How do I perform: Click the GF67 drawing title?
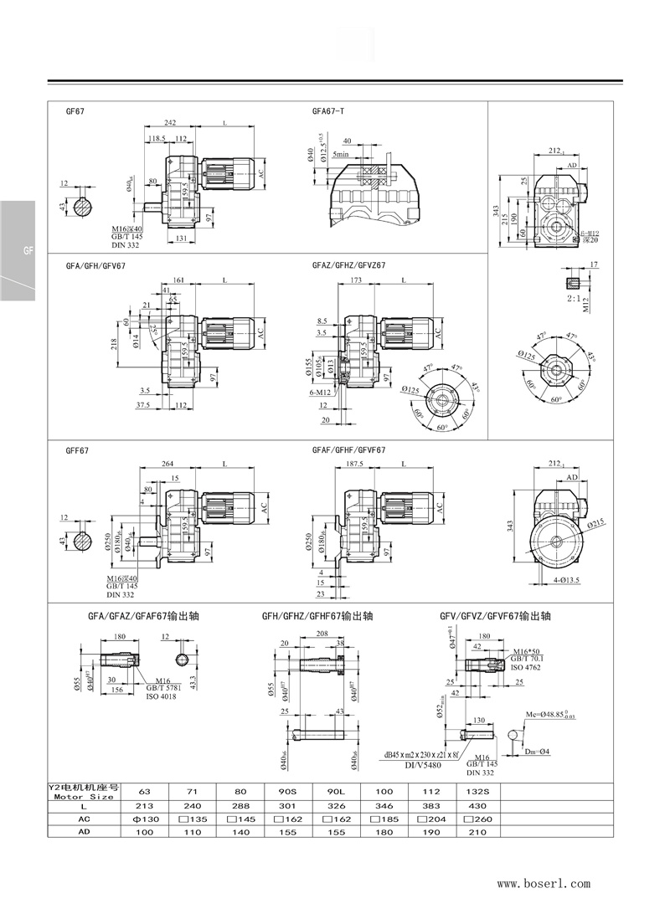(x=75, y=110)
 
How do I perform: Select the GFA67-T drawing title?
(x=328, y=110)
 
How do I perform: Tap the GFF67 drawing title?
(x=77, y=450)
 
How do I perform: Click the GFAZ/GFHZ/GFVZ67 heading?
(x=348, y=265)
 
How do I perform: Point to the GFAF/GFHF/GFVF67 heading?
(x=348, y=450)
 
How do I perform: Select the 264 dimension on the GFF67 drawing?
(x=167, y=464)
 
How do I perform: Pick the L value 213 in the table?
(x=146, y=805)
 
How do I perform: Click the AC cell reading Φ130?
(x=146, y=819)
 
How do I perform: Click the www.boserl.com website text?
(x=544, y=883)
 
